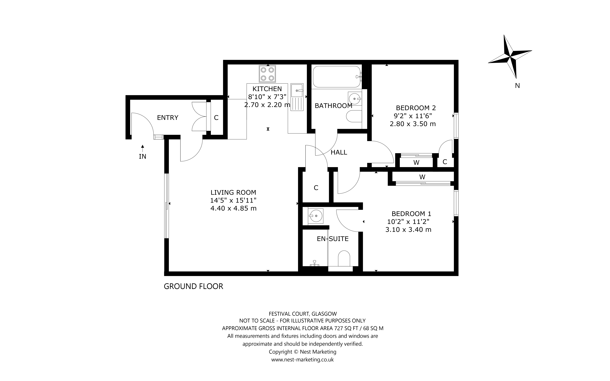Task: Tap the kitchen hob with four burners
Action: (267, 74)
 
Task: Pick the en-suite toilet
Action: (344, 258)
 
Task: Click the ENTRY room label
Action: (168, 118)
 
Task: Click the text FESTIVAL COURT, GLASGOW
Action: (303, 314)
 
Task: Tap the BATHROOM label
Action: (333, 106)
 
